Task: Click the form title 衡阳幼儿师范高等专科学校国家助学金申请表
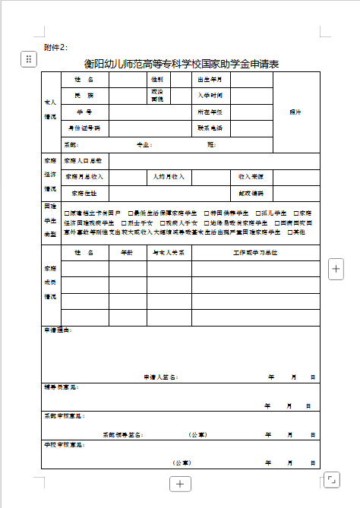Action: pyautogui.click(x=182, y=65)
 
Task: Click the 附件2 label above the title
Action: pyautogui.click(x=55, y=48)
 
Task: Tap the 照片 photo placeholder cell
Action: pyautogui.click(x=295, y=112)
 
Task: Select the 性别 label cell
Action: pyautogui.click(x=156, y=79)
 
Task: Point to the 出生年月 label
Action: pyautogui.click(x=210, y=79)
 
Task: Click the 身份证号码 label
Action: pyautogui.click(x=84, y=128)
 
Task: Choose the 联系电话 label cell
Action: pyautogui.click(x=210, y=128)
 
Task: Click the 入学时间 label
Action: pyautogui.click(x=210, y=96)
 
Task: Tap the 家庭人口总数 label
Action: pyautogui.click(x=83, y=161)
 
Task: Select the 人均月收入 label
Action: pyautogui.click(x=168, y=176)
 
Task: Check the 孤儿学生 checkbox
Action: pyautogui.click(x=258, y=213)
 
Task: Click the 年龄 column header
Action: pyautogui.click(x=126, y=251)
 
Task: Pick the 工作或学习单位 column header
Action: pyautogui.click(x=255, y=251)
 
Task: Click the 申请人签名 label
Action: pyautogui.click(x=160, y=376)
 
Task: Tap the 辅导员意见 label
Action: pyautogui.click(x=59, y=387)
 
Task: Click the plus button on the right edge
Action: pyautogui.click(x=337, y=267)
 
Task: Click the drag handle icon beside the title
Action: pyautogui.click(x=29, y=58)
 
